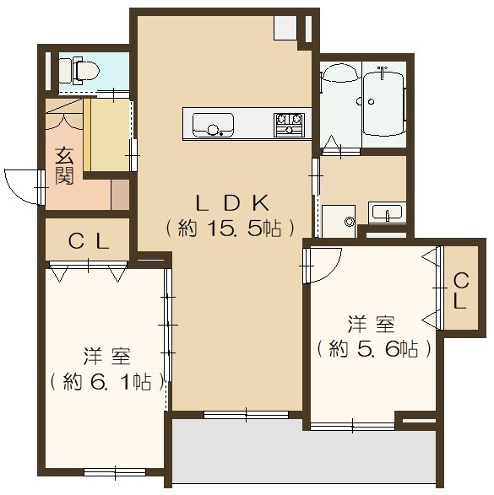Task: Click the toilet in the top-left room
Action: pos(81,71)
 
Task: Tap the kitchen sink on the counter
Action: pos(210,126)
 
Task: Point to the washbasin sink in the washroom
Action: pos(388,213)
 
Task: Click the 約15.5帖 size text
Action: pos(231,228)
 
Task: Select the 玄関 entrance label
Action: pos(64,165)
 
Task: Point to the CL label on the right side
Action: pos(460,291)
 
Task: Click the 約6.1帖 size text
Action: pos(106,381)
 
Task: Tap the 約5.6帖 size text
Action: pos(373,348)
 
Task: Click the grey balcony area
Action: pos(304,453)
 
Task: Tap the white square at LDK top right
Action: pos(284,27)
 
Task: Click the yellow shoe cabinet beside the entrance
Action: pos(106,135)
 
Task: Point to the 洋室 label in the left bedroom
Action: pos(106,355)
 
